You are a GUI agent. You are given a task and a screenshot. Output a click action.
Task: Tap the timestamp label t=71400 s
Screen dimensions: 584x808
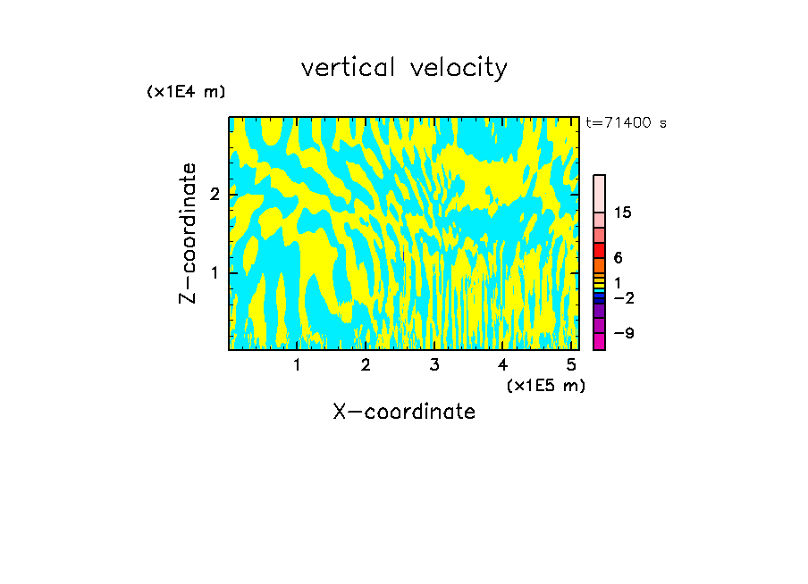pos(626,123)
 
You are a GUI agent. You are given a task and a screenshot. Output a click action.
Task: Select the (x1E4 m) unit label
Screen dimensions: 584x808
pos(186,92)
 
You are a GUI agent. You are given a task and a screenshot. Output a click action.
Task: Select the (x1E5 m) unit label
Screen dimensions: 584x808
pos(545,385)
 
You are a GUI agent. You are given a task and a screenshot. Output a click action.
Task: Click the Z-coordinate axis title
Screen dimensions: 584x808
pos(188,233)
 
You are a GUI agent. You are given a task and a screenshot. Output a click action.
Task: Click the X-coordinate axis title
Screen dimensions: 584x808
pos(404,412)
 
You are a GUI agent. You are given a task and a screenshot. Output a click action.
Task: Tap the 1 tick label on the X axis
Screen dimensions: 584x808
pos(297,365)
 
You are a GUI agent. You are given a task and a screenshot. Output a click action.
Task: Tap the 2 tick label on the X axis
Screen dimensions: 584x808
pos(366,365)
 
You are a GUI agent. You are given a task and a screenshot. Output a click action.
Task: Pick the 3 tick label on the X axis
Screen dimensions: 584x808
pos(433,365)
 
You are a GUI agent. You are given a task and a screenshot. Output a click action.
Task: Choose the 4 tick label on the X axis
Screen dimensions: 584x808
pos(502,365)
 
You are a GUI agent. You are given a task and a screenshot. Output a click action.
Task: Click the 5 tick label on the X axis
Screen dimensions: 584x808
pos(570,365)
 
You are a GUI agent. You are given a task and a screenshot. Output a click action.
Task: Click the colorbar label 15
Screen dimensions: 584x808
pos(623,213)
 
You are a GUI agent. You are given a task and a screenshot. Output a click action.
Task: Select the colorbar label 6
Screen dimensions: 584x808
pos(618,257)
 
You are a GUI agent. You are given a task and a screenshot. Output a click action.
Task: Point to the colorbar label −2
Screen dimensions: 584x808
pos(624,296)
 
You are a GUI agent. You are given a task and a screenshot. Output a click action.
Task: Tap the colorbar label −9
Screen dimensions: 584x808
pos(624,333)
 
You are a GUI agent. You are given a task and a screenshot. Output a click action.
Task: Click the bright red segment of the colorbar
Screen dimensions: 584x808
pos(599,251)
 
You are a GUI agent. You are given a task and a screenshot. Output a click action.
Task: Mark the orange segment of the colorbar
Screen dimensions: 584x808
pos(599,266)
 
